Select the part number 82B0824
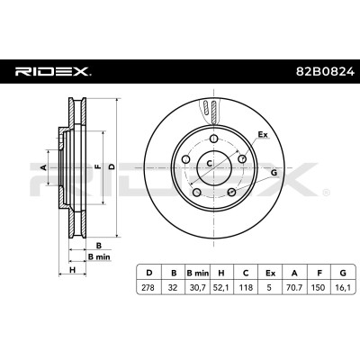coord(326,72)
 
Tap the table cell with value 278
coord(148,287)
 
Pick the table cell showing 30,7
coord(198,287)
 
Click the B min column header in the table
coord(198,273)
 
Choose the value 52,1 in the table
coord(221,287)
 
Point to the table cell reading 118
coord(246,287)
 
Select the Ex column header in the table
coord(270,273)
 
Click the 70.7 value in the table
coord(294,287)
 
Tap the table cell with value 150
coord(319,287)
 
